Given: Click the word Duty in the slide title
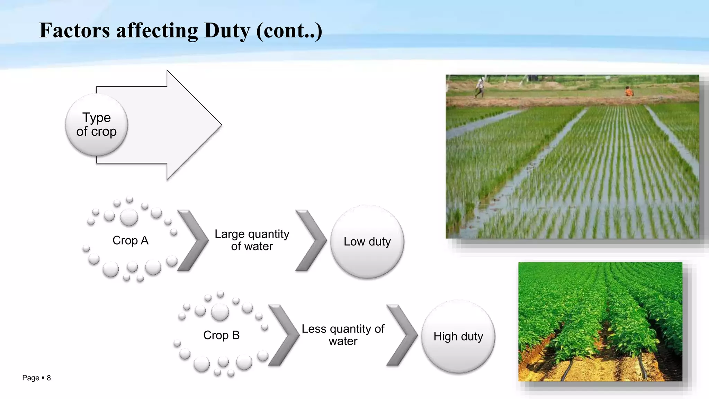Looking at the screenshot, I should [227, 30].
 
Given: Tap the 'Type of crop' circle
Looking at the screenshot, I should [97, 125].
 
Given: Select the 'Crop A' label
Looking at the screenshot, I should [131, 240].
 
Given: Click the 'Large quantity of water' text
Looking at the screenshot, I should [252, 240].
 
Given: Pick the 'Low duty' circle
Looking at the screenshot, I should [367, 241].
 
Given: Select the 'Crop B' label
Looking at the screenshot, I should [221, 335].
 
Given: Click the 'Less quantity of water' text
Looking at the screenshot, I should [343, 335].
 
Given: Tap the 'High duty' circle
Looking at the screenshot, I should [458, 336].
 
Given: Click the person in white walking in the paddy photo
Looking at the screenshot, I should [480, 87].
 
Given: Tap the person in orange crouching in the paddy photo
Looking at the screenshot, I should [629, 91].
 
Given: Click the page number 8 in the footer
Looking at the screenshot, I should [49, 378].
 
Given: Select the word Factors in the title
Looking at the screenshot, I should [74, 30].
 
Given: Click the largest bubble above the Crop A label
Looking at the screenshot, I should [129, 217].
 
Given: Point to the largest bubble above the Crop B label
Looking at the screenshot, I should [220, 312].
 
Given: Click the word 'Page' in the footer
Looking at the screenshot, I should [30, 378].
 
